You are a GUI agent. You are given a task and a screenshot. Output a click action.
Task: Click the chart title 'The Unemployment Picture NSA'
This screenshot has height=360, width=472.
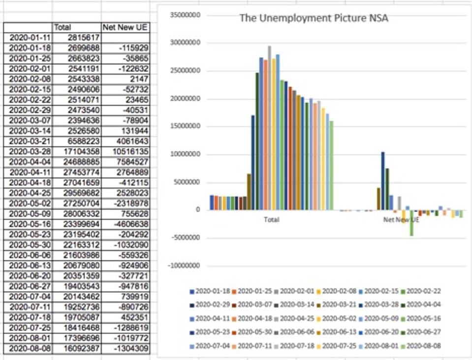point(314,18)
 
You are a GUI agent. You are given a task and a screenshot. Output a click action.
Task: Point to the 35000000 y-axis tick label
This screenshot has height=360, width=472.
point(184,15)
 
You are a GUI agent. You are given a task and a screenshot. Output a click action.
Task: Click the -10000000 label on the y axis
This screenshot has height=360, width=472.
point(184,266)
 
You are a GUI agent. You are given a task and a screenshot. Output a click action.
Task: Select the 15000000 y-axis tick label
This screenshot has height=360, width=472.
point(184,126)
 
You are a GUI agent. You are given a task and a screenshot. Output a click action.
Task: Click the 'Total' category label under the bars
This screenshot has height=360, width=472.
point(271,220)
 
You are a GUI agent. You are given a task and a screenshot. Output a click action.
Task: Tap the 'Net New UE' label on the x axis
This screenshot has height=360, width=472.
point(401,220)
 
